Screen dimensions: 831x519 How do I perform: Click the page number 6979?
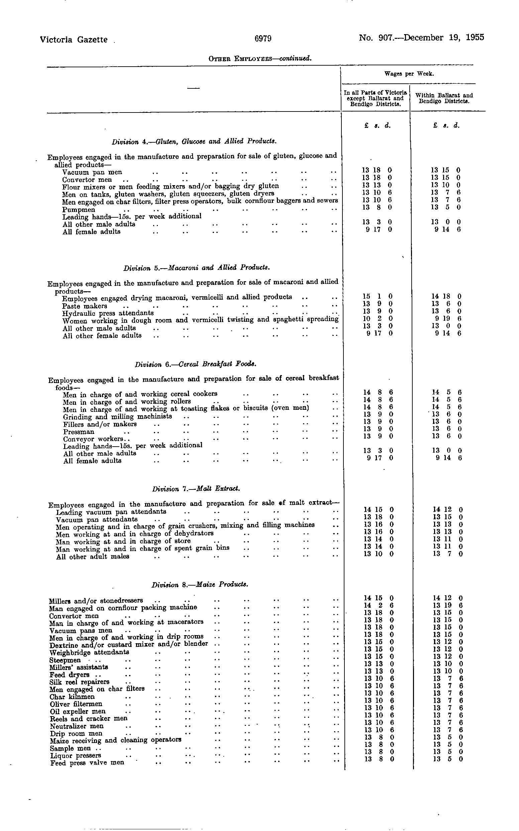[263, 39]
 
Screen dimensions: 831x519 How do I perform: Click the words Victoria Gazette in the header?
[74, 40]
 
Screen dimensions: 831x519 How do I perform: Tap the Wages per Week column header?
[409, 74]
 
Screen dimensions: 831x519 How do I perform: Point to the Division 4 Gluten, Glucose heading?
[194, 141]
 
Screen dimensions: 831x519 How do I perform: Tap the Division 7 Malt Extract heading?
[196, 489]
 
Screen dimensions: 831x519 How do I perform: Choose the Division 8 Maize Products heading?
[200, 585]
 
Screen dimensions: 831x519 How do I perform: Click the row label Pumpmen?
[79, 210]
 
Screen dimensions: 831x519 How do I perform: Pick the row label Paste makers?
[85, 306]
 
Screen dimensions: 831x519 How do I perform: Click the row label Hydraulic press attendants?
[108, 313]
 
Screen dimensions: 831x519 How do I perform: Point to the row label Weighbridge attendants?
[89, 652]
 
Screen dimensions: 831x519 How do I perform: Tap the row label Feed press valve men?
[87, 763]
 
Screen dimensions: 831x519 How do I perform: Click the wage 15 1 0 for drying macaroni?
[377, 296]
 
